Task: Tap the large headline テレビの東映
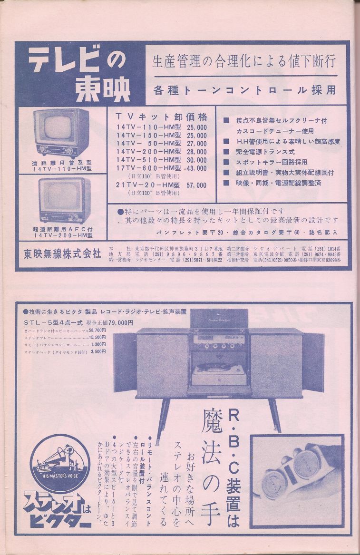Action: pos(78,74)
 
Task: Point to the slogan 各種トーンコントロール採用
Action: pos(244,90)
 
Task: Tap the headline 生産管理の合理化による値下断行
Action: pos(244,61)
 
